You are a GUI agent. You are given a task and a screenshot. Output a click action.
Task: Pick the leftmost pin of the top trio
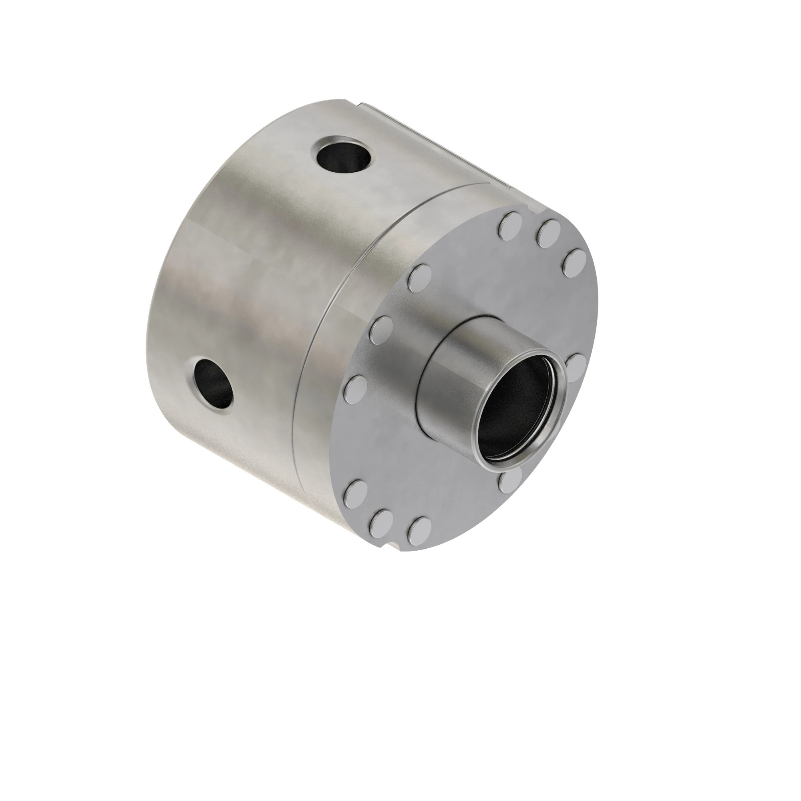point(510,226)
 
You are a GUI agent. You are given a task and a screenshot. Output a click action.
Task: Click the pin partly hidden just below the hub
point(511,481)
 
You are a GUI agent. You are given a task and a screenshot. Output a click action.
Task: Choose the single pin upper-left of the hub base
point(420,278)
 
